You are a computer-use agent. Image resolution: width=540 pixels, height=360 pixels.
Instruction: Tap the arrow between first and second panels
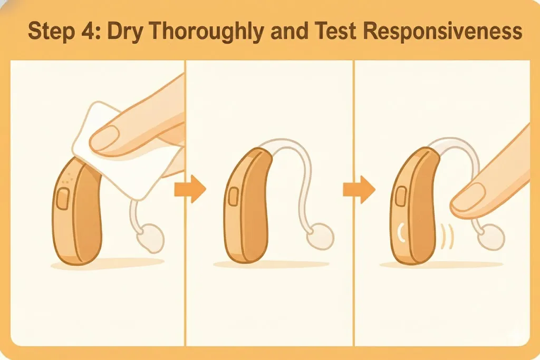pos(190,189)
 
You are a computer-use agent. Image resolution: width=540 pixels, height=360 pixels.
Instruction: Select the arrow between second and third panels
pos(359,189)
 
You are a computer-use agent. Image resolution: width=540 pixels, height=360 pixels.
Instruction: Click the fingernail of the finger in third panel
pos(468,196)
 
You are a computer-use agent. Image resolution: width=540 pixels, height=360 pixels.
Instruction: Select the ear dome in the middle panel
pos(320,236)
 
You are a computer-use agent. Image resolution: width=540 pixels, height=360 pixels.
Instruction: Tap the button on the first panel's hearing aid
pos(63,199)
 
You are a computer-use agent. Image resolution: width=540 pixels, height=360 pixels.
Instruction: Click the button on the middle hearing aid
pos(233,197)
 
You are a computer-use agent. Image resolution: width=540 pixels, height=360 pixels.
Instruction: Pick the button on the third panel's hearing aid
pos(401,197)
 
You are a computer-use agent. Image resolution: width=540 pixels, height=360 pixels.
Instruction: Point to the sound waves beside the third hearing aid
pos(447,237)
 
